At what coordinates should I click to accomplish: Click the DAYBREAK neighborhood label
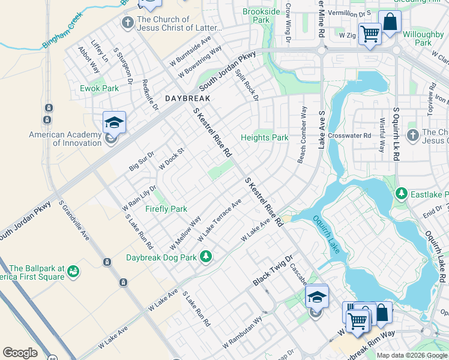(188, 98)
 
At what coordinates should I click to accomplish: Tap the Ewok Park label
(100, 88)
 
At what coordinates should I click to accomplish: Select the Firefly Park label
(166, 209)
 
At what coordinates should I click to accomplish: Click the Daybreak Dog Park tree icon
(206, 257)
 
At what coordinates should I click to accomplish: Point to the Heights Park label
(265, 137)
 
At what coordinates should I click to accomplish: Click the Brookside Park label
(261, 16)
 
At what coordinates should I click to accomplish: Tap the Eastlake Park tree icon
(402, 194)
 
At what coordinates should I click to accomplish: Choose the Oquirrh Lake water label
(327, 234)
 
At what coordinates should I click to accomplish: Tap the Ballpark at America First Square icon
(73, 272)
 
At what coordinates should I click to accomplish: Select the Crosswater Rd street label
(350, 136)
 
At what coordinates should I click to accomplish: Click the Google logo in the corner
(20, 353)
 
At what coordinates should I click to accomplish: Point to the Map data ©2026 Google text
(412, 355)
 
